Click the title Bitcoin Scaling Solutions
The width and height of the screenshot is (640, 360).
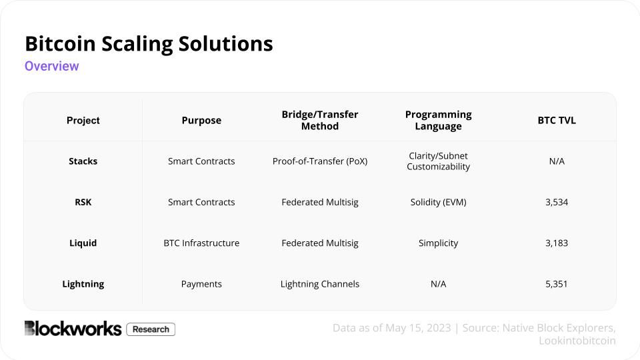click(x=149, y=44)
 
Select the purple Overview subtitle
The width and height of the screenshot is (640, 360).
click(x=52, y=66)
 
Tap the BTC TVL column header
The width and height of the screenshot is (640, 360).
click(x=557, y=121)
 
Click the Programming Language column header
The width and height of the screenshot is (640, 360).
click(x=438, y=121)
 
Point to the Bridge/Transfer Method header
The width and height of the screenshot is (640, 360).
click(x=320, y=121)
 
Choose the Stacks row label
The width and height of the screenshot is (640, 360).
click(x=83, y=161)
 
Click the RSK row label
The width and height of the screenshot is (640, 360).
click(x=83, y=202)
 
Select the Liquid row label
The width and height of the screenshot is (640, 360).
click(x=83, y=243)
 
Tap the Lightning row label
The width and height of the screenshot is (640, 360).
click(x=83, y=284)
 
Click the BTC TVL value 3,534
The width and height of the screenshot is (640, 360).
click(x=557, y=202)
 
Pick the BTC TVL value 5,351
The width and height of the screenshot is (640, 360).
click(x=557, y=284)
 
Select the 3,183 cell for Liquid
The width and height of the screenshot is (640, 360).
click(x=557, y=243)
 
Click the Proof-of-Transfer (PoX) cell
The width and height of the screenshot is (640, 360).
click(x=320, y=161)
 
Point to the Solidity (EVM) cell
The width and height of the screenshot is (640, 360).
click(x=438, y=202)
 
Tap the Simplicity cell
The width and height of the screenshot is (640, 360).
click(x=438, y=243)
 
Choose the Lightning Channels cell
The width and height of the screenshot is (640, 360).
click(x=320, y=284)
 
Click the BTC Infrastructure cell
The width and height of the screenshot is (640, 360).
click(x=201, y=243)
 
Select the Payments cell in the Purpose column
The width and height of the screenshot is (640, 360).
click(x=201, y=284)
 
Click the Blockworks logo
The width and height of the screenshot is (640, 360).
click(x=73, y=329)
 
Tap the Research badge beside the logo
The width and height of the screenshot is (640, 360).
click(x=151, y=329)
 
